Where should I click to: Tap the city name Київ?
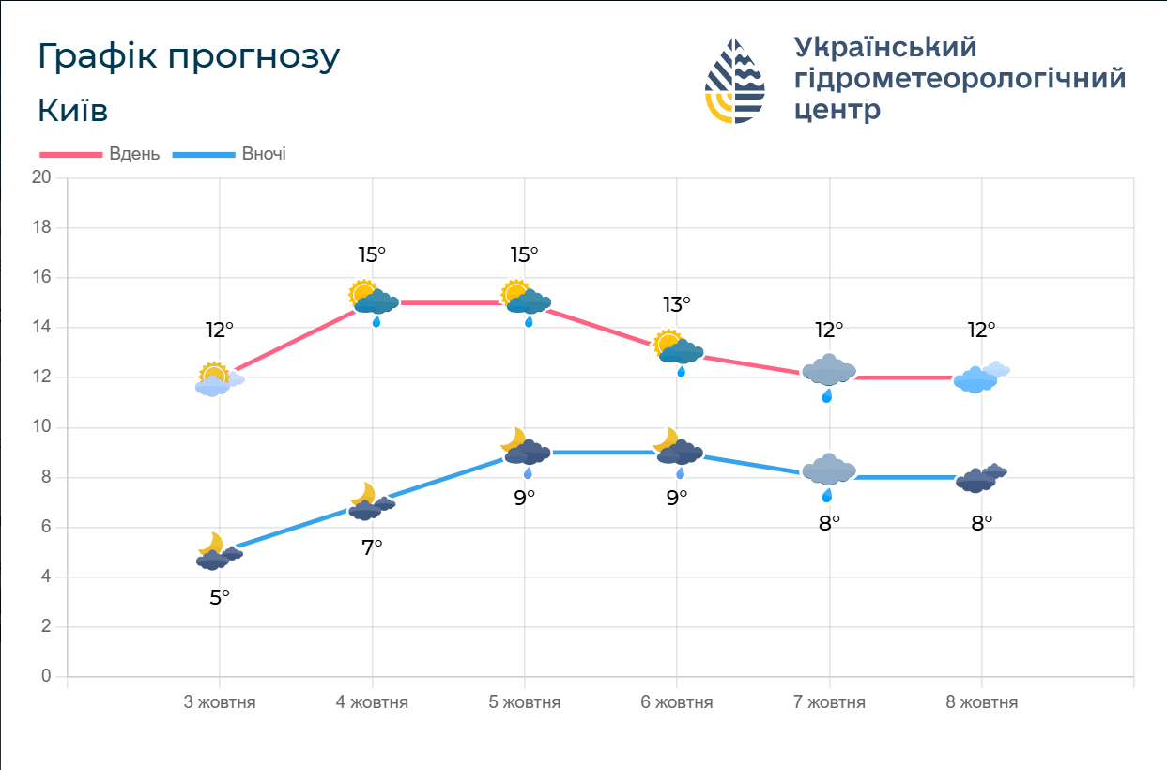tap(73, 110)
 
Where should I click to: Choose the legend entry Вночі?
tap(264, 154)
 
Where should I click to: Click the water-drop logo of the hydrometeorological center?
tap(735, 81)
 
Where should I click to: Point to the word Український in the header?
tap(885, 46)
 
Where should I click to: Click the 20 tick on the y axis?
tap(41, 177)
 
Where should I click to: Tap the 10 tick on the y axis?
tap(41, 427)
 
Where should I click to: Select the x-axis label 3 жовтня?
tap(219, 701)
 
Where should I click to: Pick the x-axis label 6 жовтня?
tap(677, 701)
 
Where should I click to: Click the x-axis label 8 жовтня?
tap(982, 701)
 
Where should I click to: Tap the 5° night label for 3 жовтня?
tap(219, 596)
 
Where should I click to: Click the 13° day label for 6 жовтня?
tap(677, 304)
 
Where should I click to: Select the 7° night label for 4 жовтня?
tap(372, 547)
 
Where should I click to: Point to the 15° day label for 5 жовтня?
tap(524, 254)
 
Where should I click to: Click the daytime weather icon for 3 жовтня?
tap(219, 379)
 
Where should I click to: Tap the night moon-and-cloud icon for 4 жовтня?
tap(371, 502)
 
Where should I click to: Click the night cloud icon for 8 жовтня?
tap(980, 479)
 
